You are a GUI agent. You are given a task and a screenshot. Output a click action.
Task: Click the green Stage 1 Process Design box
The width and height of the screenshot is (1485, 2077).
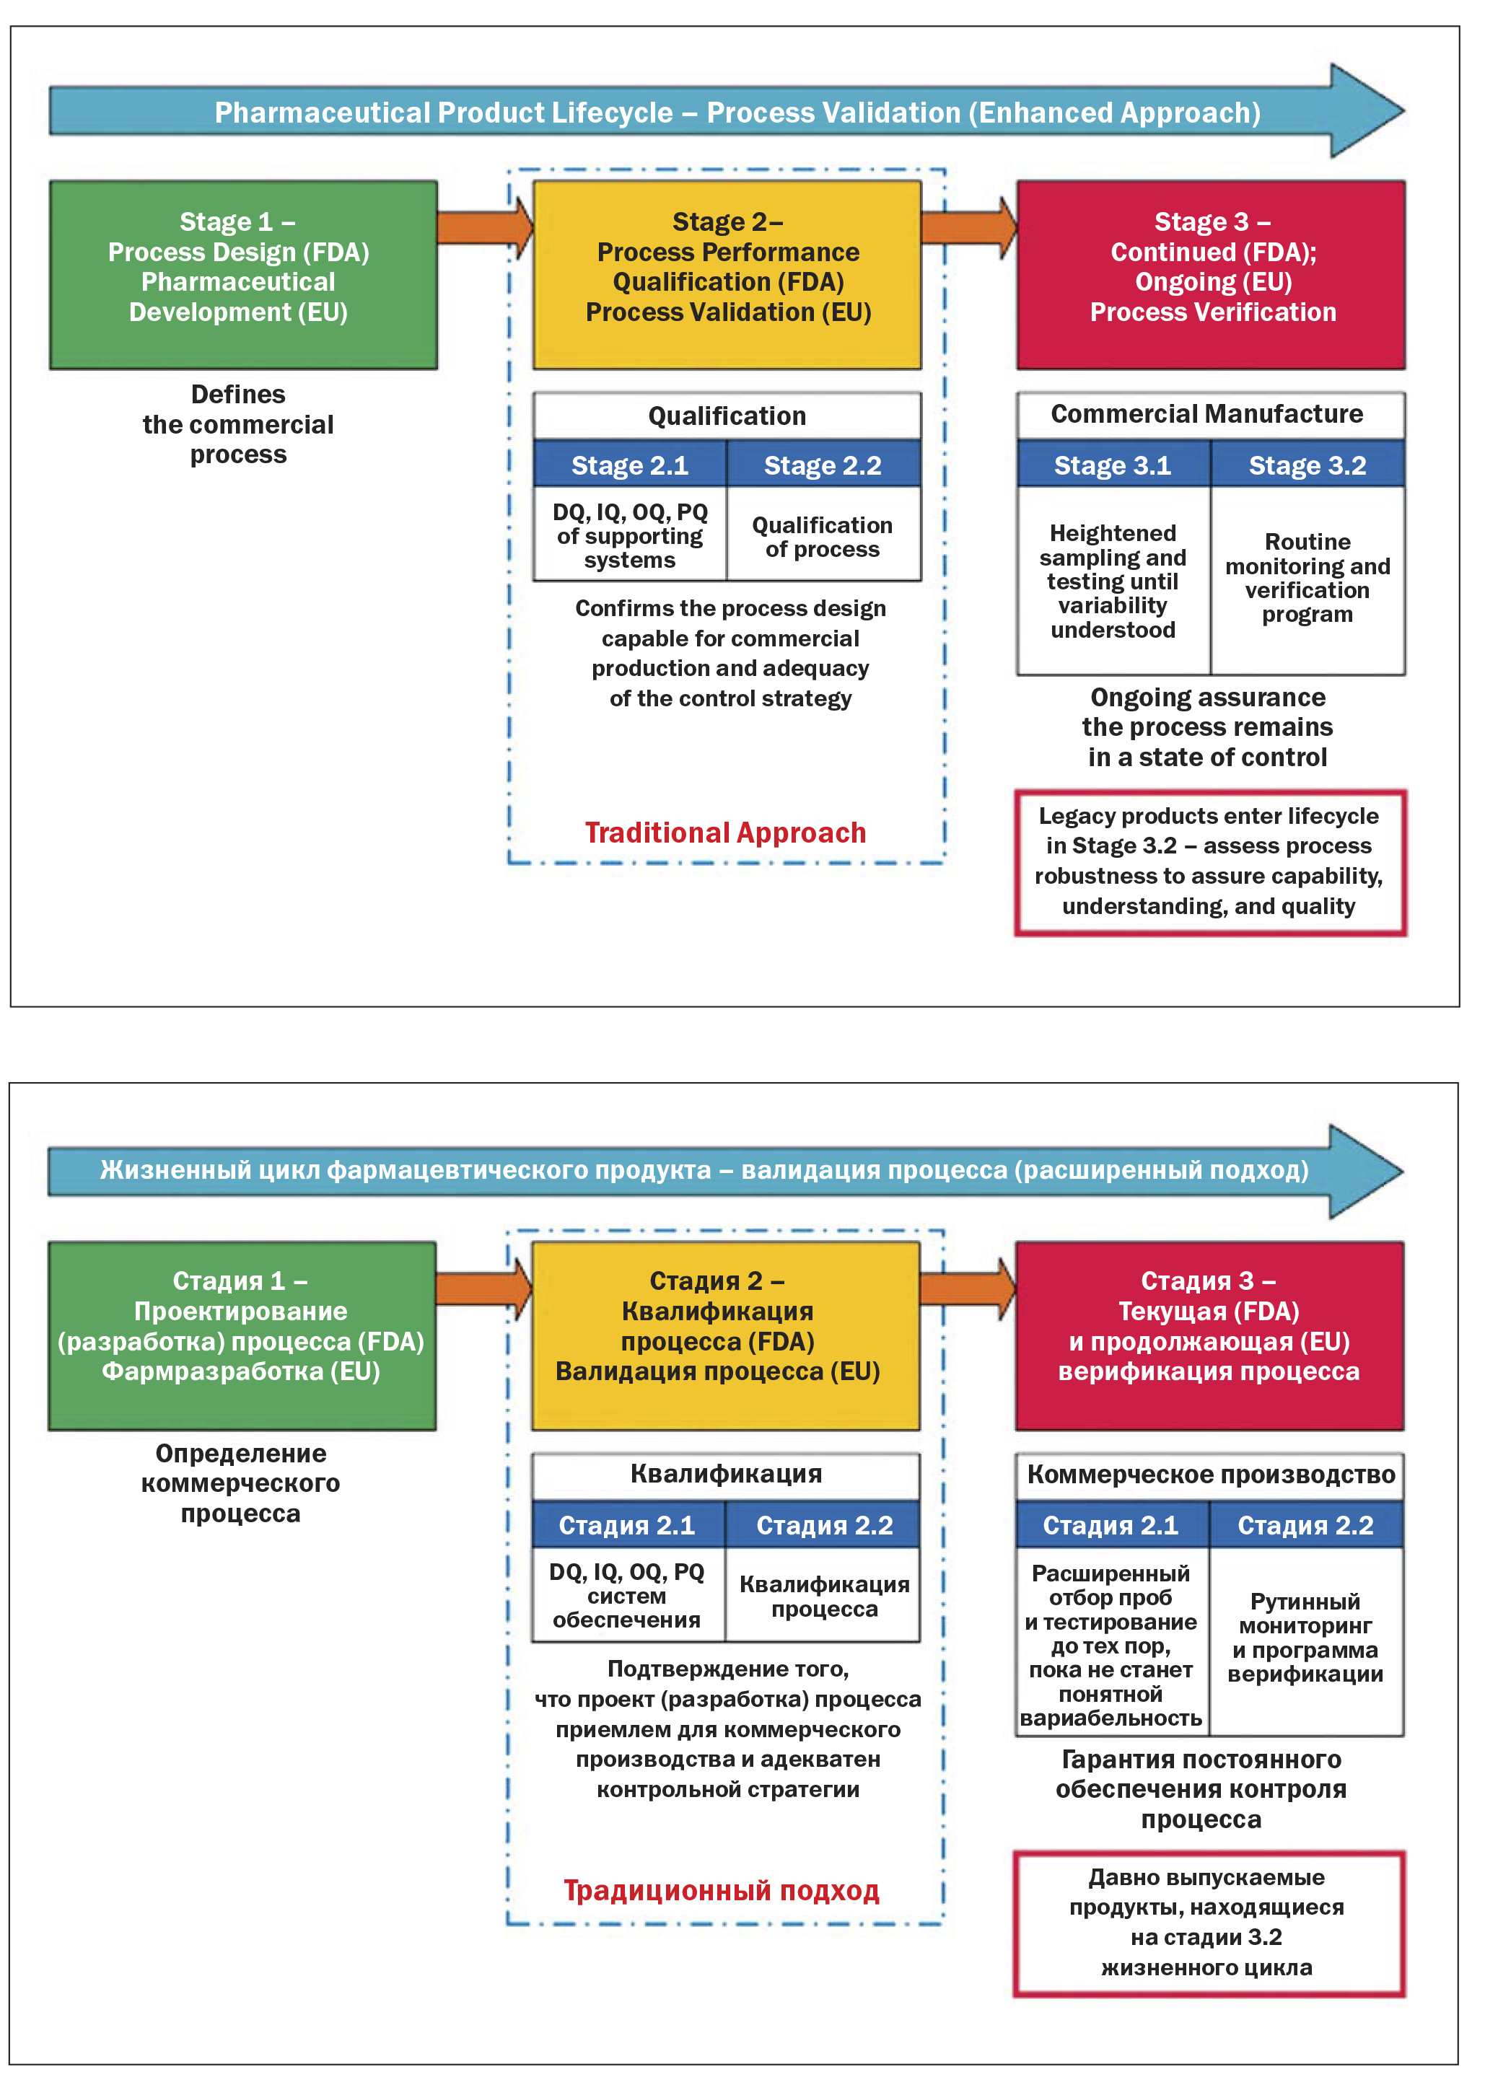click(243, 274)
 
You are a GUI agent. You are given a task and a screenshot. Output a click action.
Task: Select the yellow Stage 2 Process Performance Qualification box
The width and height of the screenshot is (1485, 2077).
click(727, 274)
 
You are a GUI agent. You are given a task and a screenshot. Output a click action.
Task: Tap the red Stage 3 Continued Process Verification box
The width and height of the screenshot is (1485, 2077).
click(1211, 274)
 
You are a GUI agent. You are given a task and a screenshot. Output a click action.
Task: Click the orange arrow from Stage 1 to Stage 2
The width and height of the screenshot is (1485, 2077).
click(483, 226)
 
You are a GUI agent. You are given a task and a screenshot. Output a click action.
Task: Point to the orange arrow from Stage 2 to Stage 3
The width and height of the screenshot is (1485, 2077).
click(968, 226)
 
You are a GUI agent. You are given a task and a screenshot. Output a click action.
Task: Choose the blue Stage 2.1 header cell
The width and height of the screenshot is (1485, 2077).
click(629, 465)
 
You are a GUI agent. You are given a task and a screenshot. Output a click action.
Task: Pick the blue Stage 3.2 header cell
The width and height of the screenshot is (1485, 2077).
click(1307, 465)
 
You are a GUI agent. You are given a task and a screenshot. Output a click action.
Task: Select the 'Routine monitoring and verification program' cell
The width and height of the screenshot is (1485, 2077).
click(1307, 578)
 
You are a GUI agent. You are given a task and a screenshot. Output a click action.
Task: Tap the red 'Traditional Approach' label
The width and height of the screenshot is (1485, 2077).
click(725, 832)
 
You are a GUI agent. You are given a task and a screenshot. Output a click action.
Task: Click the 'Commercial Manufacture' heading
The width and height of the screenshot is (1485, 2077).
click(1207, 414)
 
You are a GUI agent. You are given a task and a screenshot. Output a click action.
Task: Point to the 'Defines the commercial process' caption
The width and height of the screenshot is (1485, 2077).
click(239, 424)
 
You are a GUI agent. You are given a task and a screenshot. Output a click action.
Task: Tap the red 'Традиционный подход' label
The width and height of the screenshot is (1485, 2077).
click(722, 1890)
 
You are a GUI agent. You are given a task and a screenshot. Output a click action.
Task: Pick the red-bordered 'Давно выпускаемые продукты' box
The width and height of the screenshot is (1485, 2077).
click(1207, 1922)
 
